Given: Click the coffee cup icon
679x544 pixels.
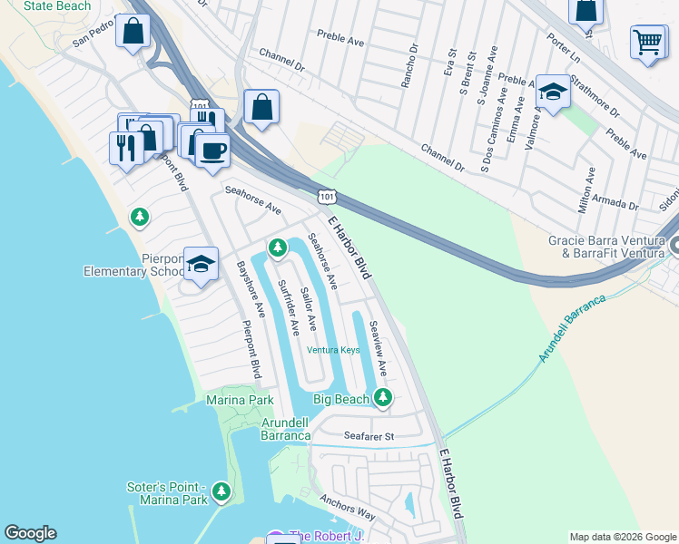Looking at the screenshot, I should coord(212,150).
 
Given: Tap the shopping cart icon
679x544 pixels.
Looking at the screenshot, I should coord(648,42).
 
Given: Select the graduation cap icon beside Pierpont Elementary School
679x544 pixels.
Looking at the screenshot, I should coord(202,265).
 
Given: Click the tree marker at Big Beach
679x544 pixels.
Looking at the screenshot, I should coord(383,397).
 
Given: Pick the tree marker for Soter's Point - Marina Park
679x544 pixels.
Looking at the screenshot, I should coord(221,492).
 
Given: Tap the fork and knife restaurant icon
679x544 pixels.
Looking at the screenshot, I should coord(124,147).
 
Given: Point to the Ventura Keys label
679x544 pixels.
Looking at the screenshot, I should coord(333,350).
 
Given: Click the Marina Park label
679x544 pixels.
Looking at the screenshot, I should coord(240,400).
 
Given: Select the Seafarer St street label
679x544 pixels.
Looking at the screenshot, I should coord(369,436).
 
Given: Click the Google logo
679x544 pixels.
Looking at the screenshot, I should coord(30,534).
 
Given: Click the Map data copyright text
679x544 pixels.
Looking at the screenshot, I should coord(622,537).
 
